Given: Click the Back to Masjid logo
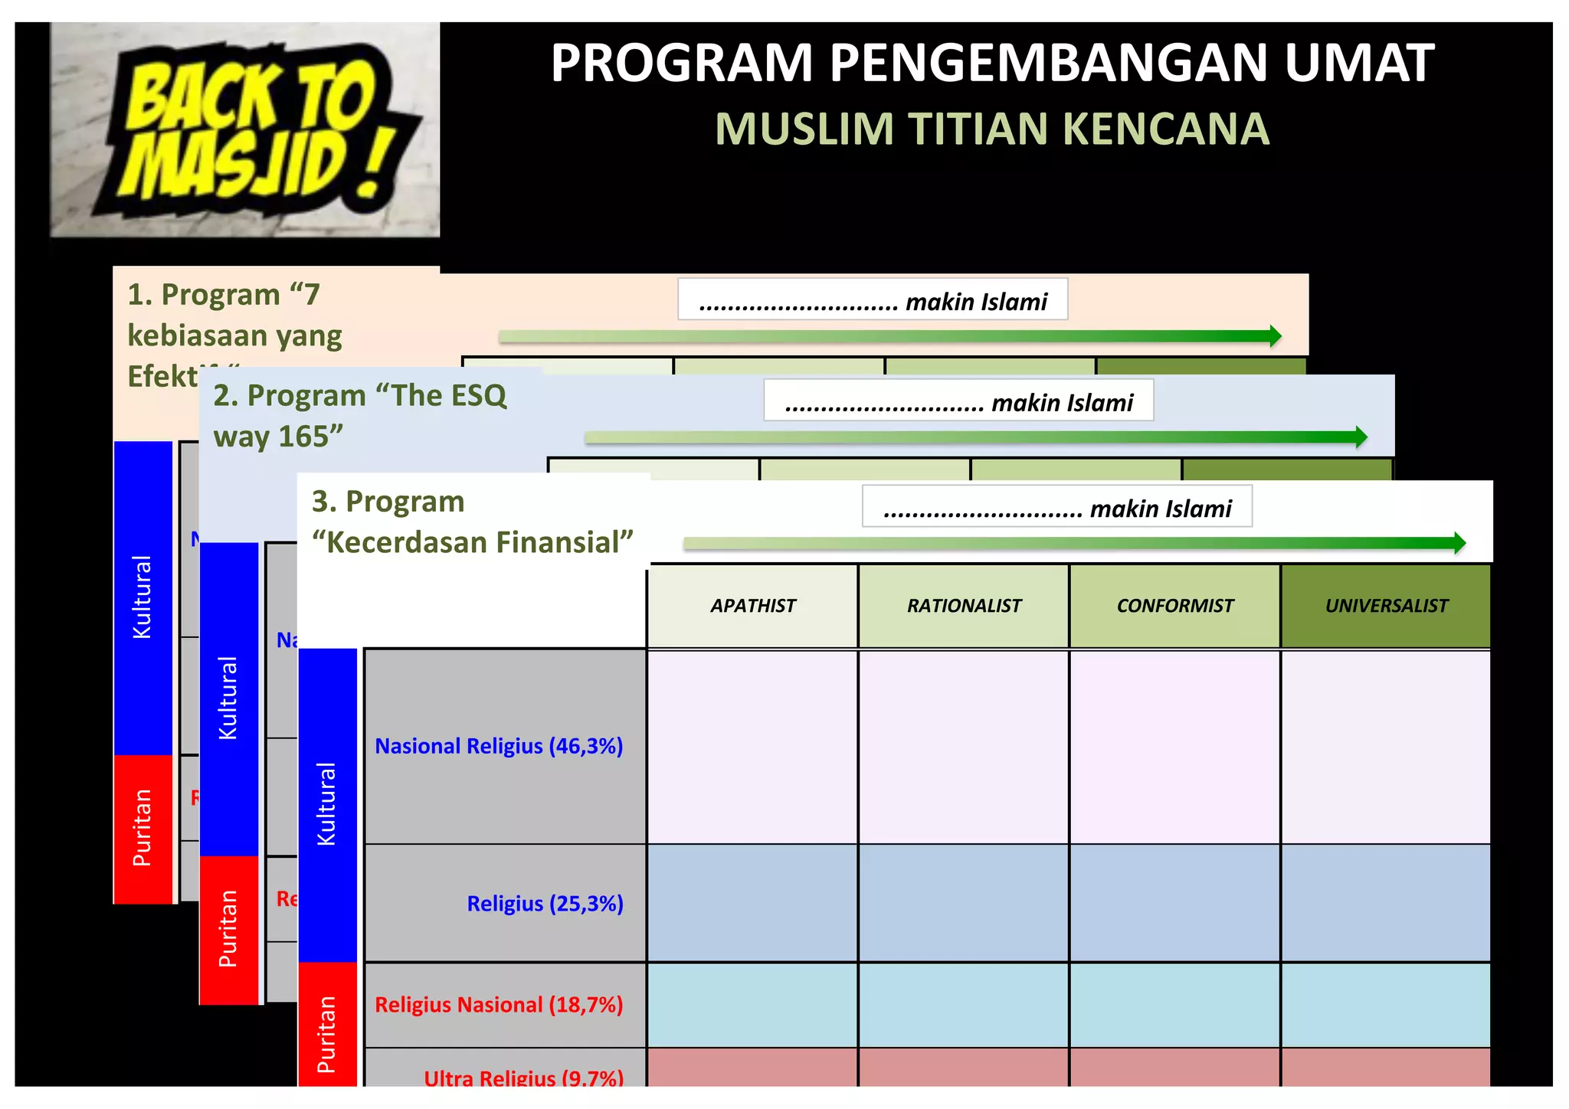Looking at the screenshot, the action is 245,130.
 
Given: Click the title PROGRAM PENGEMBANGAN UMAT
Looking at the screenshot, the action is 992,63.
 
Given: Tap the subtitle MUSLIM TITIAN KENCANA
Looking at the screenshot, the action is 992,129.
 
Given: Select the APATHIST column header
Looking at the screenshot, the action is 753,606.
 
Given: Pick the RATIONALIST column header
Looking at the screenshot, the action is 964,606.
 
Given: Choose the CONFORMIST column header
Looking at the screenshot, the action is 1175,606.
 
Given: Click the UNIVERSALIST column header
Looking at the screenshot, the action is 1386,606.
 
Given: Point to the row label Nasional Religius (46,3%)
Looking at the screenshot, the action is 499,746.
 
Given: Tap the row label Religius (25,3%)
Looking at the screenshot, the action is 545,904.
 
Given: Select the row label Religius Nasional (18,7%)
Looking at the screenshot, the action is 499,1005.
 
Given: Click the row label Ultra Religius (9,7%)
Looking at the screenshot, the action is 523,1077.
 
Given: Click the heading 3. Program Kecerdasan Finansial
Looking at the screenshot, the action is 472,522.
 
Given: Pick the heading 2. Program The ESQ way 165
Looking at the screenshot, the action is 360,416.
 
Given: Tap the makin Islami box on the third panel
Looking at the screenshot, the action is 1057,506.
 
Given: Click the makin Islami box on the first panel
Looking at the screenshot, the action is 873,299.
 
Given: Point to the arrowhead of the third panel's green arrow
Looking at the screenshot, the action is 1459,543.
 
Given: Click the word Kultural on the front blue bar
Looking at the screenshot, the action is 327,804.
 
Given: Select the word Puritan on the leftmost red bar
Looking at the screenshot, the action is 142,828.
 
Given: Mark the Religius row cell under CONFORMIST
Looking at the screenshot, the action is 1175,904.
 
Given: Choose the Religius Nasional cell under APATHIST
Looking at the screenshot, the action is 753,1005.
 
